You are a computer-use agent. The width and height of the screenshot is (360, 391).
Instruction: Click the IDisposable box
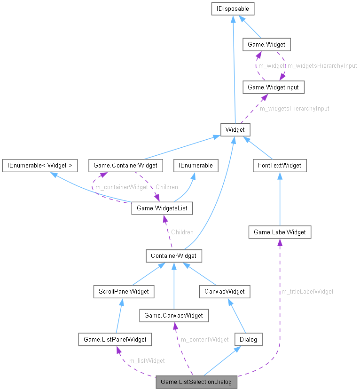(234, 8)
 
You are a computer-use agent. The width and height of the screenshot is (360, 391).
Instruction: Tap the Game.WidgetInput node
(270, 87)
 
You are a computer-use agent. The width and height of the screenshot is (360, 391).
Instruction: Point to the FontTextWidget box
(279, 165)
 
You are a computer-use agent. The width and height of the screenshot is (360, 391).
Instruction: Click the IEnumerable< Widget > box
(39, 165)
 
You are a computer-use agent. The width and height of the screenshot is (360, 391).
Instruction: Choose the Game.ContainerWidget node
(125, 165)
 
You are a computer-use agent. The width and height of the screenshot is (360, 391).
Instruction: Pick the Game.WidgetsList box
(162, 207)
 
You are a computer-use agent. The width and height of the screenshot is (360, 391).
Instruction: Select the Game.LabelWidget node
(280, 232)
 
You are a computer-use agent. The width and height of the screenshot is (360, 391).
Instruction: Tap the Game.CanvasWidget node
(174, 315)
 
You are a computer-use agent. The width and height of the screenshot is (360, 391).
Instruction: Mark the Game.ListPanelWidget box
(115, 339)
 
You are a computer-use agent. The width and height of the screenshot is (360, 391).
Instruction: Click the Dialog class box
(248, 339)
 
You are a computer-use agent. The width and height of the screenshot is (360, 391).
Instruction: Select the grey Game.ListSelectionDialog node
(196, 382)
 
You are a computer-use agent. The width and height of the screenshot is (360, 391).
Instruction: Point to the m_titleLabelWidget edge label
(307, 292)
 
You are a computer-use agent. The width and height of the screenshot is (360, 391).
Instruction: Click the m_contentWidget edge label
(205, 339)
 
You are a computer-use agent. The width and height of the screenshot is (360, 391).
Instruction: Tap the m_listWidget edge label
(147, 361)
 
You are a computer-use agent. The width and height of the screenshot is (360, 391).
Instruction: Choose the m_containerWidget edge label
(122, 187)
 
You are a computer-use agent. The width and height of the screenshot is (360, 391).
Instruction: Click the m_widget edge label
(271, 66)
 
